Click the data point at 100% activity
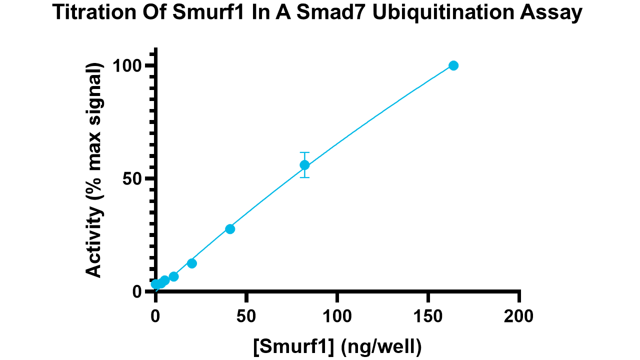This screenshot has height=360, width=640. coord(453,65)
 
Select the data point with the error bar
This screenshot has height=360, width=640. coord(304,165)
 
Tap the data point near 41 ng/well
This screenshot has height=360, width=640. coord(230,229)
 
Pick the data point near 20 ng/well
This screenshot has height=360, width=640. coord(191,263)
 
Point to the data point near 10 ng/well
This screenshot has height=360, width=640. coord(173,276)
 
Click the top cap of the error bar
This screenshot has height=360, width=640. coord(304,152)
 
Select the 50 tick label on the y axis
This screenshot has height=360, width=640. coord(134,179)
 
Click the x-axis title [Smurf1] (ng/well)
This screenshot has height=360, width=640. coord(337,345)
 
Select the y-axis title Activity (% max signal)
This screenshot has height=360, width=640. coord(93,170)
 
